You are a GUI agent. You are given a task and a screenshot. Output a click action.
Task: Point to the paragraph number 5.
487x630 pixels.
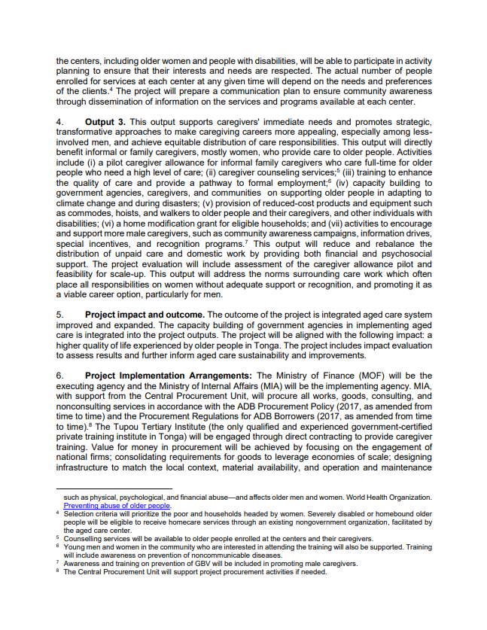59,314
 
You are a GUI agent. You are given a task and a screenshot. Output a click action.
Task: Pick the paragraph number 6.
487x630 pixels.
59,376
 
